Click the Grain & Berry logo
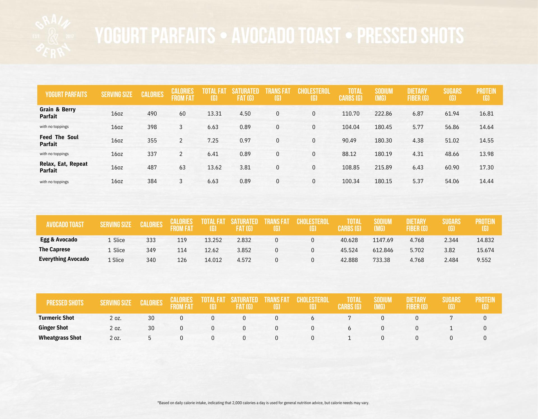[x=53, y=37]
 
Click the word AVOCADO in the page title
[x=286, y=36]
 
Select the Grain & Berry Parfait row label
[x=57, y=113]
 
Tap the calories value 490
[x=152, y=114]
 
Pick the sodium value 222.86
[x=383, y=114]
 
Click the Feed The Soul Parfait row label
[x=59, y=141]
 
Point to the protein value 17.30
[x=486, y=167]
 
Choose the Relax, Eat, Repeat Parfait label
[x=63, y=167]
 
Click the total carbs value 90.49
[x=349, y=141]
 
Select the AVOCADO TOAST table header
[x=65, y=225]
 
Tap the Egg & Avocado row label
[x=59, y=240]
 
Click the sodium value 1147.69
[x=383, y=240]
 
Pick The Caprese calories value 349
[x=151, y=250]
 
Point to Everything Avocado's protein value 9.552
[x=484, y=260]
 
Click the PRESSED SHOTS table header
[x=65, y=303]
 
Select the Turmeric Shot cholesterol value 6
[x=312, y=318]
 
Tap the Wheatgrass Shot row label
[x=60, y=338]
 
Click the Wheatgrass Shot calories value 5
[x=150, y=338]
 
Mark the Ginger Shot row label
[x=53, y=328]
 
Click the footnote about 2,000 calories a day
[x=263, y=403]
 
